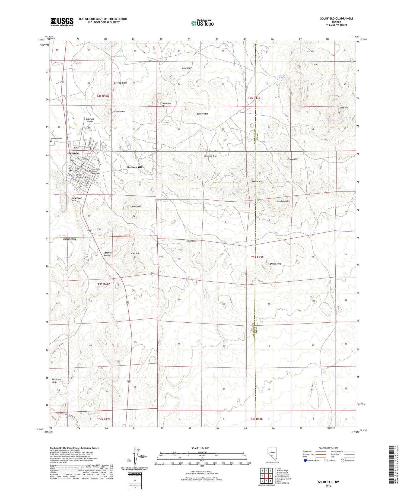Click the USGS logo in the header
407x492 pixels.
coord(62,21)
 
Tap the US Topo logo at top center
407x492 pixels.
coord(202,23)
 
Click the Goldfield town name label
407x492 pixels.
coord(73,154)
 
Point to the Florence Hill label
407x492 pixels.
coord(134,167)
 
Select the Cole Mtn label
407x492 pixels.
coord(344,108)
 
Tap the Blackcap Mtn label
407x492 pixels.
coord(284,201)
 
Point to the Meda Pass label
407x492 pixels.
coord(191,241)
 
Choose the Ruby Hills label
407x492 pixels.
coord(187,68)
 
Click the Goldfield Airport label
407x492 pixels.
coord(90,120)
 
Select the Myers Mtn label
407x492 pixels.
coord(137,206)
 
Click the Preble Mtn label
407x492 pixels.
coord(257,181)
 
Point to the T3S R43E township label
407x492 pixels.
coord(257,257)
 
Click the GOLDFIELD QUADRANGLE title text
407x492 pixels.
coord(336,18)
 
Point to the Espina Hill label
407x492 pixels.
coord(292,159)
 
